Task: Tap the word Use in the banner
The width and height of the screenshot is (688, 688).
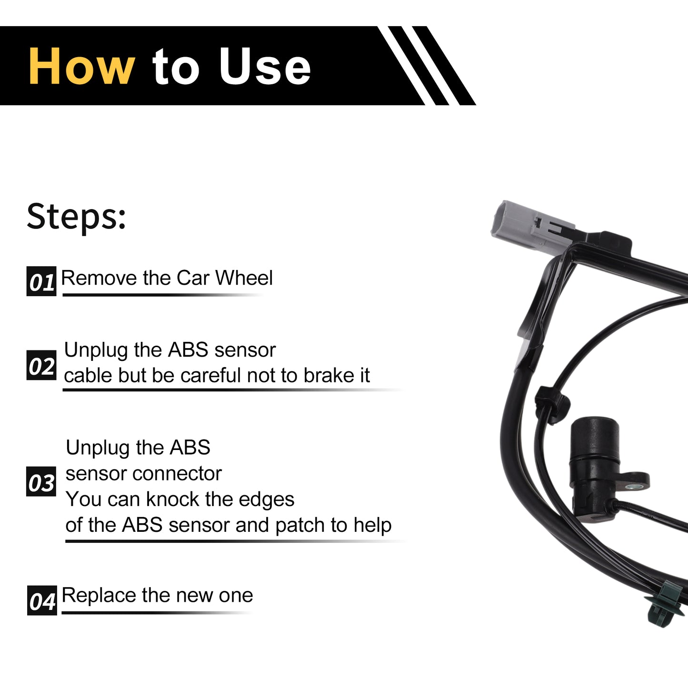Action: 265,66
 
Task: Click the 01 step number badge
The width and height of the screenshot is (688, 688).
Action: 41,281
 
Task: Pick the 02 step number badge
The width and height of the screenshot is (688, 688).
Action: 41,365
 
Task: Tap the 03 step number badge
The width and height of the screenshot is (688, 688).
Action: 41,482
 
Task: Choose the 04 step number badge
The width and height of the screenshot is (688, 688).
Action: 42,600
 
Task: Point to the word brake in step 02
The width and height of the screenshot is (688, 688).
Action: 329,376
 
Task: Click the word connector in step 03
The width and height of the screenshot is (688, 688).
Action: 177,474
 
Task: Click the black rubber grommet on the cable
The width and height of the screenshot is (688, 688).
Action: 552,403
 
